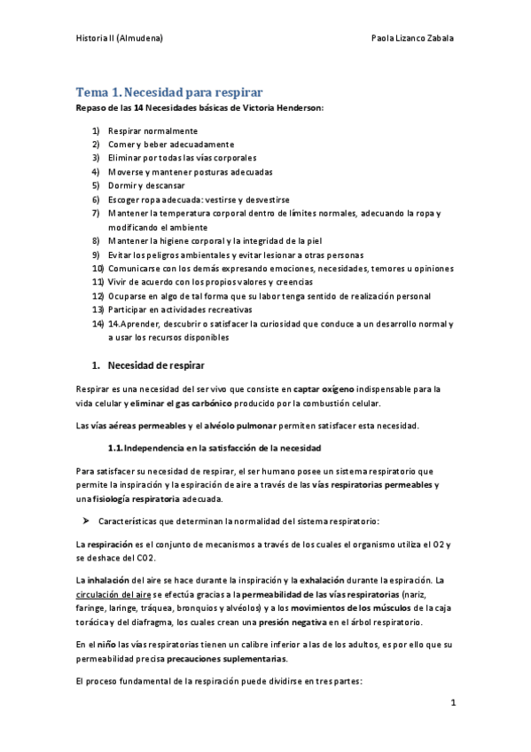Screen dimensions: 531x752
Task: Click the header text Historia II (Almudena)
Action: click(x=118, y=39)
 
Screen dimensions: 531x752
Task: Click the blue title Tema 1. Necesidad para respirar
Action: click(x=168, y=91)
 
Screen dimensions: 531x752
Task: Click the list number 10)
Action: click(x=98, y=268)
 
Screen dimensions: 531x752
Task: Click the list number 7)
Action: click(x=96, y=213)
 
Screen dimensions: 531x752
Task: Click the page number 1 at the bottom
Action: click(x=452, y=703)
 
